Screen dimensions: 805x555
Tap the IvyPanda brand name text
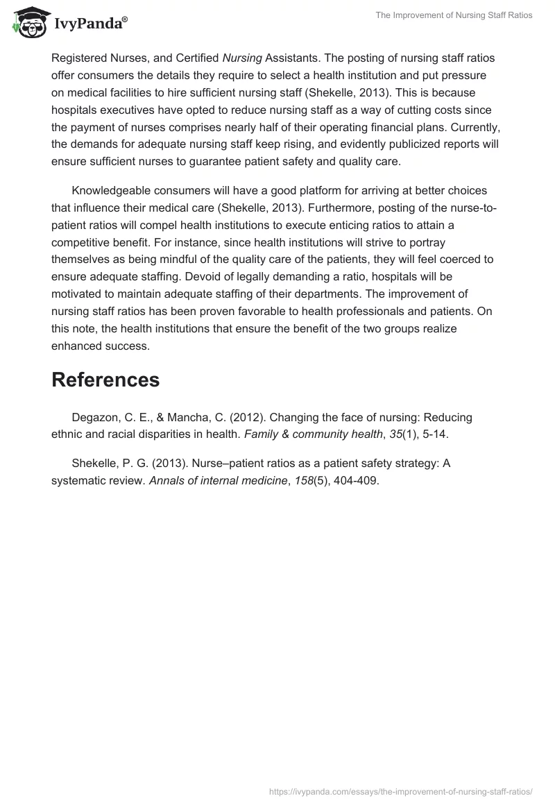pyautogui.click(x=89, y=25)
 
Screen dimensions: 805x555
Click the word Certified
pyautogui.click(x=196, y=58)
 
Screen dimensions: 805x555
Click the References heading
pyautogui.click(x=105, y=380)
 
